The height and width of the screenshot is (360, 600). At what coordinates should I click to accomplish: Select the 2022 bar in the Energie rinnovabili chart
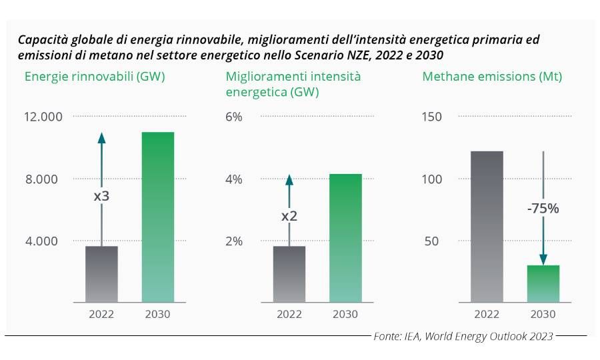101,274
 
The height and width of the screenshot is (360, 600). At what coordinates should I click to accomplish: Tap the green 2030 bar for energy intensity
345,238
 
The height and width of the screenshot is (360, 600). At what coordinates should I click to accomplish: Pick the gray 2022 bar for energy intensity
289,274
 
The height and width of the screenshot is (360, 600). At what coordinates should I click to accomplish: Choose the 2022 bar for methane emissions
487,227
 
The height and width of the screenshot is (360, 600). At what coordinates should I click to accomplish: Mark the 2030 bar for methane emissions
543,283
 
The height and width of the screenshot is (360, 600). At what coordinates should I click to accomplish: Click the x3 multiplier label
102,197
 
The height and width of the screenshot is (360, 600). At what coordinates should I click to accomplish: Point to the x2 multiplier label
289,217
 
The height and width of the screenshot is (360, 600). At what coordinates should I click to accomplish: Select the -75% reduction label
543,209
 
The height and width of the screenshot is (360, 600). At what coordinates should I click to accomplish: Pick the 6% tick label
234,117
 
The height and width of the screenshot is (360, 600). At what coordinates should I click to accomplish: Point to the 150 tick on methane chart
433,117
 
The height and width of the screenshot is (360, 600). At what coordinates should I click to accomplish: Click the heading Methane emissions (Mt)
492,77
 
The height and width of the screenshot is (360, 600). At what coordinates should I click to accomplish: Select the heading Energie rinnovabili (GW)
95,77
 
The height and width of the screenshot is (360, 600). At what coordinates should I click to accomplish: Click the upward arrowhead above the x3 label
102,137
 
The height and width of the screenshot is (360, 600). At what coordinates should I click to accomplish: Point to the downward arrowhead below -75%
543,260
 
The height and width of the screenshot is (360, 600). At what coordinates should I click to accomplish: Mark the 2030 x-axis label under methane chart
543,314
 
